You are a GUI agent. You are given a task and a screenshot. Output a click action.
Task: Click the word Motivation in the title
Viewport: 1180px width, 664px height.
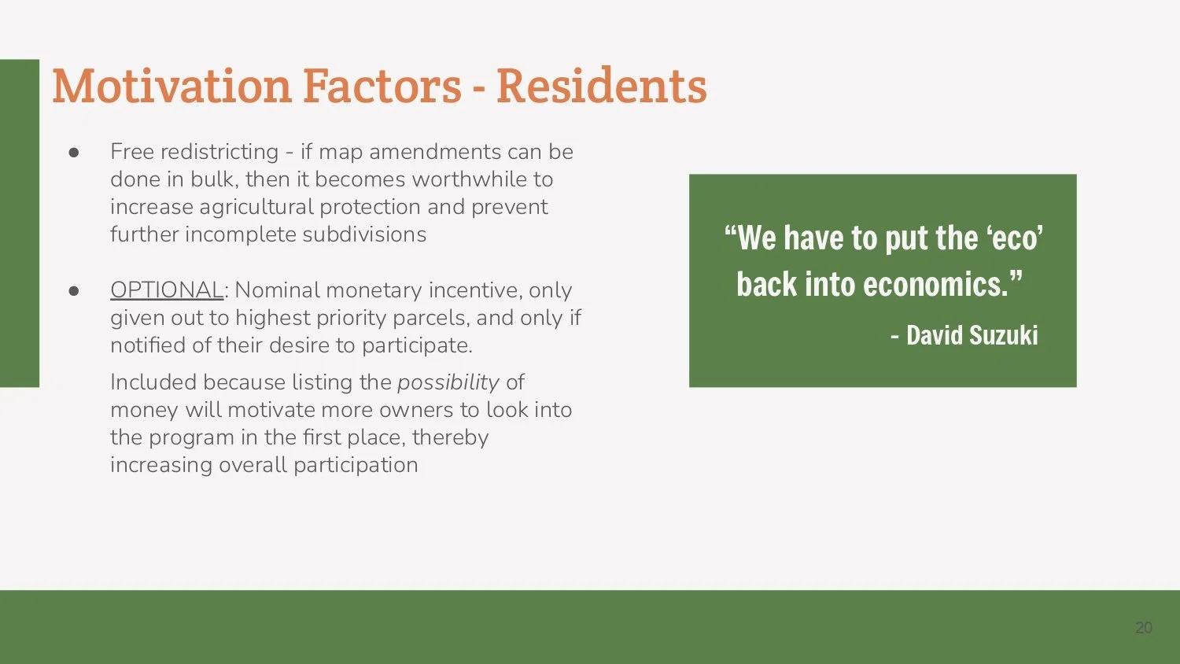[x=171, y=86]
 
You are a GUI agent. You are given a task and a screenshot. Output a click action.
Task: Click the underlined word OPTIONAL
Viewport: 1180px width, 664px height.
[x=167, y=290]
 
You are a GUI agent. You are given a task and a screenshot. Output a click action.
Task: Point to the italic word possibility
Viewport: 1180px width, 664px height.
[x=448, y=382]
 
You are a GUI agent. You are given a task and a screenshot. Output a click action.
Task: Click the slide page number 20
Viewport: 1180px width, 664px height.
[x=1143, y=628]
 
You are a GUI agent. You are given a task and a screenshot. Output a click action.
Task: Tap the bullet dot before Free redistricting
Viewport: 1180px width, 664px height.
[x=74, y=153]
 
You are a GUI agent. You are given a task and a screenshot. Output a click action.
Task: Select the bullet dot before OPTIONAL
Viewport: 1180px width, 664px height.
[x=74, y=291]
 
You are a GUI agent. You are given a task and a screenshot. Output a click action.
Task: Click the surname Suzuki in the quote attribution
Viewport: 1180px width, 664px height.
[x=1003, y=336]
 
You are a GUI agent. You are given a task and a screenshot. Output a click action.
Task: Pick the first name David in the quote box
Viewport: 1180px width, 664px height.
[x=935, y=336]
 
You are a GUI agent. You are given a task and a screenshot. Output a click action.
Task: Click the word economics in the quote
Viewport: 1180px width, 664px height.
[x=936, y=285]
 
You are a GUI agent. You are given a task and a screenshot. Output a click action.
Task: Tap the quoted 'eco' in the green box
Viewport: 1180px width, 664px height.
[x=1015, y=238]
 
